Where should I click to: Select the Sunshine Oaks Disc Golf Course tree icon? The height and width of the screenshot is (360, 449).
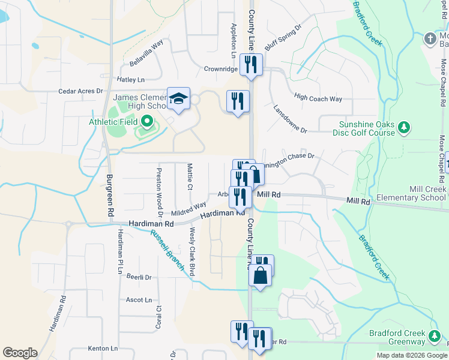pos(405,127)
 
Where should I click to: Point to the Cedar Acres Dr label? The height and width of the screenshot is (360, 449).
pos(80,91)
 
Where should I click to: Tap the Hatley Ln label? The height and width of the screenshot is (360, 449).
pos(131,79)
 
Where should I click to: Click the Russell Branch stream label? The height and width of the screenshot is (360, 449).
pos(167,250)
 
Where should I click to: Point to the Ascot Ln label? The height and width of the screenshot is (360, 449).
pos(138,299)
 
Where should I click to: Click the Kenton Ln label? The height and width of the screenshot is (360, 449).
pos(103,348)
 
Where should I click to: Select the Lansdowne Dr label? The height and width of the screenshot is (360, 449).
pos(290,120)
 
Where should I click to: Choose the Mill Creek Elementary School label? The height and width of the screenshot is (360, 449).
pos(411,193)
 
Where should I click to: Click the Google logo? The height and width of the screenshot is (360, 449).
pos(20,353)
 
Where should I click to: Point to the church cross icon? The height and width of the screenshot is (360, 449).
pos(430,39)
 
